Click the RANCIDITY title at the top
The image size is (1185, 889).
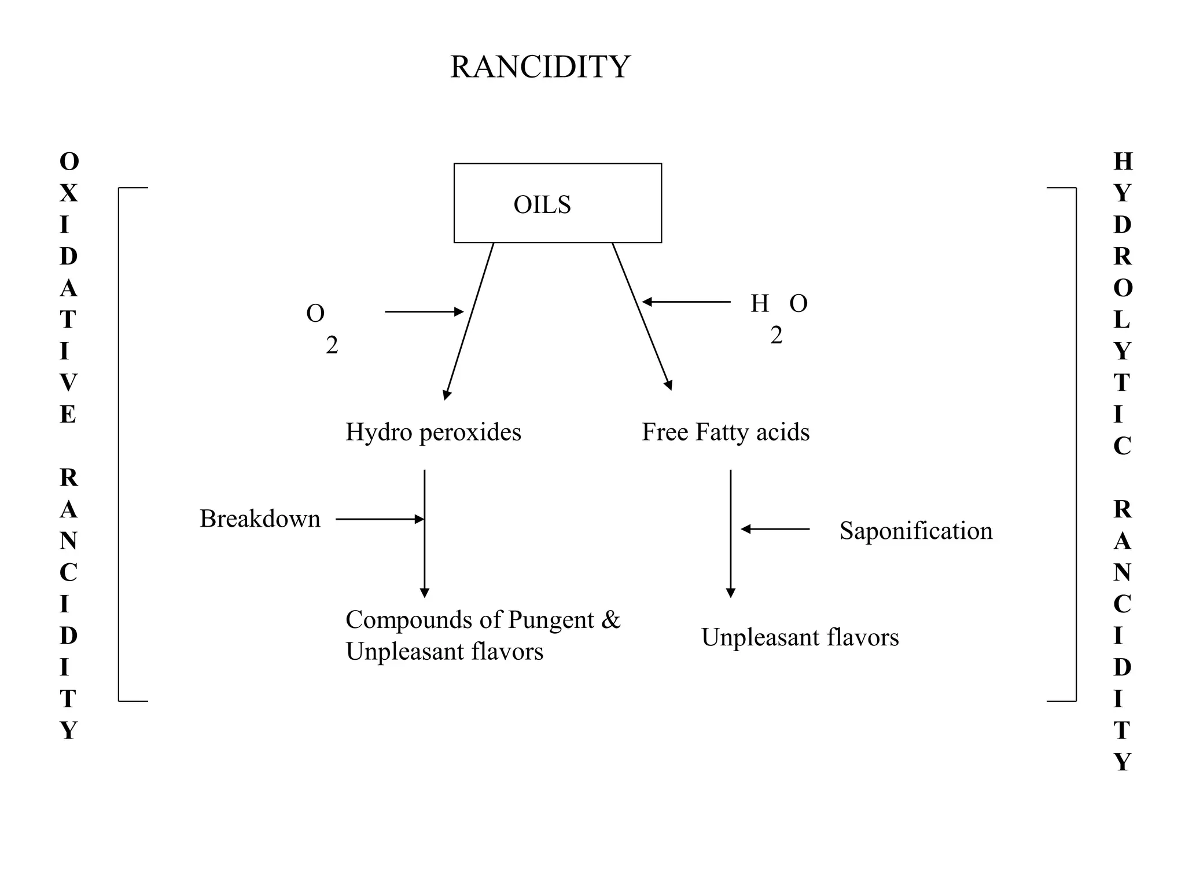(x=540, y=67)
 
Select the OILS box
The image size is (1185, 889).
(x=557, y=203)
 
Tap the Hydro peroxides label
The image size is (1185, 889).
(x=433, y=432)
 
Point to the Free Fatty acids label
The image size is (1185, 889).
(x=726, y=432)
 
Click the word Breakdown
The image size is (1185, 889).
(x=260, y=519)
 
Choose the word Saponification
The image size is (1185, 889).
(x=916, y=531)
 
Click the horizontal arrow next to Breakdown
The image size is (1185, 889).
(x=380, y=519)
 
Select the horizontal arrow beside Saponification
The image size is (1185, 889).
(x=775, y=529)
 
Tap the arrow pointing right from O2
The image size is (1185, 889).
(x=424, y=312)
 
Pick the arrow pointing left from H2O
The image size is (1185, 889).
(x=686, y=302)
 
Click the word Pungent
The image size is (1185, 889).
(x=551, y=620)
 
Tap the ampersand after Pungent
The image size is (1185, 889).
(x=610, y=620)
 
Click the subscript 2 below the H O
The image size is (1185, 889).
(x=776, y=336)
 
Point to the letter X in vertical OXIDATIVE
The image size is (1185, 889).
(x=69, y=193)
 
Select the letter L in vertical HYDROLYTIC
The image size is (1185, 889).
(x=1121, y=319)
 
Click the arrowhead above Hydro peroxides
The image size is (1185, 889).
(x=447, y=395)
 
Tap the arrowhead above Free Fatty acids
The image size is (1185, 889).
(x=668, y=385)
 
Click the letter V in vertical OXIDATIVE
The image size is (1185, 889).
(x=68, y=383)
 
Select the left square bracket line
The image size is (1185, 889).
(x=119, y=444)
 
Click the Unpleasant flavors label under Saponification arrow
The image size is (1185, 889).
(x=800, y=638)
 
